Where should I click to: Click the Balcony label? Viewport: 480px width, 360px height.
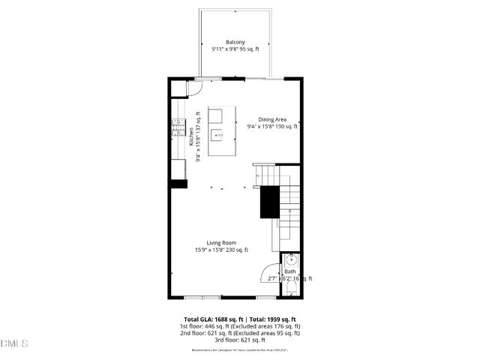[x=235, y=42]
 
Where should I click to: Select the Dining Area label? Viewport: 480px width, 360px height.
[x=273, y=119]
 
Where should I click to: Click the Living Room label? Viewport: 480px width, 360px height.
[x=221, y=242]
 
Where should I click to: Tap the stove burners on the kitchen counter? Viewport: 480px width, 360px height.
[x=178, y=127]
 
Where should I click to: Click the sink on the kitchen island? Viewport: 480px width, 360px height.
[x=217, y=136]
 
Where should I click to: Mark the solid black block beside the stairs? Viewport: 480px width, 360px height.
[x=269, y=202]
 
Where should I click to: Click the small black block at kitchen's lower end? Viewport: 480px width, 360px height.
[x=178, y=183]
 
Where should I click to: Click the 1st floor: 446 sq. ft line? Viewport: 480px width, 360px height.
[x=239, y=326]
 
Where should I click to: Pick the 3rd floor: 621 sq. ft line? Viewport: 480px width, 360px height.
[x=239, y=341]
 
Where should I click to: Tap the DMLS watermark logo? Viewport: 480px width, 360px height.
[x=14, y=343]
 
